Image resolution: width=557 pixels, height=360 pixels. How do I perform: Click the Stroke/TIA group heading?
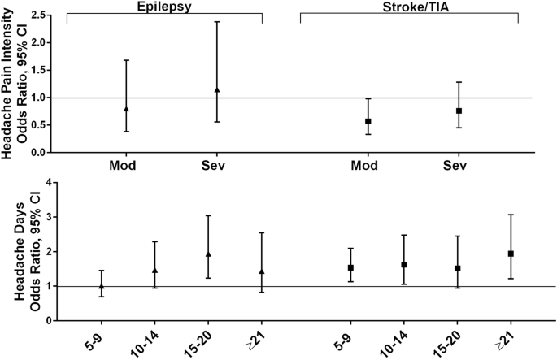tap(409, 6)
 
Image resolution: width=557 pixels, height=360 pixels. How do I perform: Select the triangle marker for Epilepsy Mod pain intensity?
tap(126, 108)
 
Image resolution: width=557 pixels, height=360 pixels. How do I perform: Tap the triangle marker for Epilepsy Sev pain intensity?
tap(217, 89)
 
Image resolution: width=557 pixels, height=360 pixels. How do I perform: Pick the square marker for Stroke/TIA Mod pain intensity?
tap(368, 121)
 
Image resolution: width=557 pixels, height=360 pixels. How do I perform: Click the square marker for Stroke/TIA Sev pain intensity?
tap(459, 111)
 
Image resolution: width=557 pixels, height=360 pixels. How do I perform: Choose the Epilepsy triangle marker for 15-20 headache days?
tap(208, 254)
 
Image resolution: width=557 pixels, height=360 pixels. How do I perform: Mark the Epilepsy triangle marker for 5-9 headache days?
tap(102, 286)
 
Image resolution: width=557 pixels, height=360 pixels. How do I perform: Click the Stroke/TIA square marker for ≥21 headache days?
tap(511, 254)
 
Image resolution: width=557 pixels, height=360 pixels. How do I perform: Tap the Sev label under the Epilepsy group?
tap(216, 167)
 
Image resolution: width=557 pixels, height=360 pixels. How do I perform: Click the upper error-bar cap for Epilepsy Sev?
tap(217, 21)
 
